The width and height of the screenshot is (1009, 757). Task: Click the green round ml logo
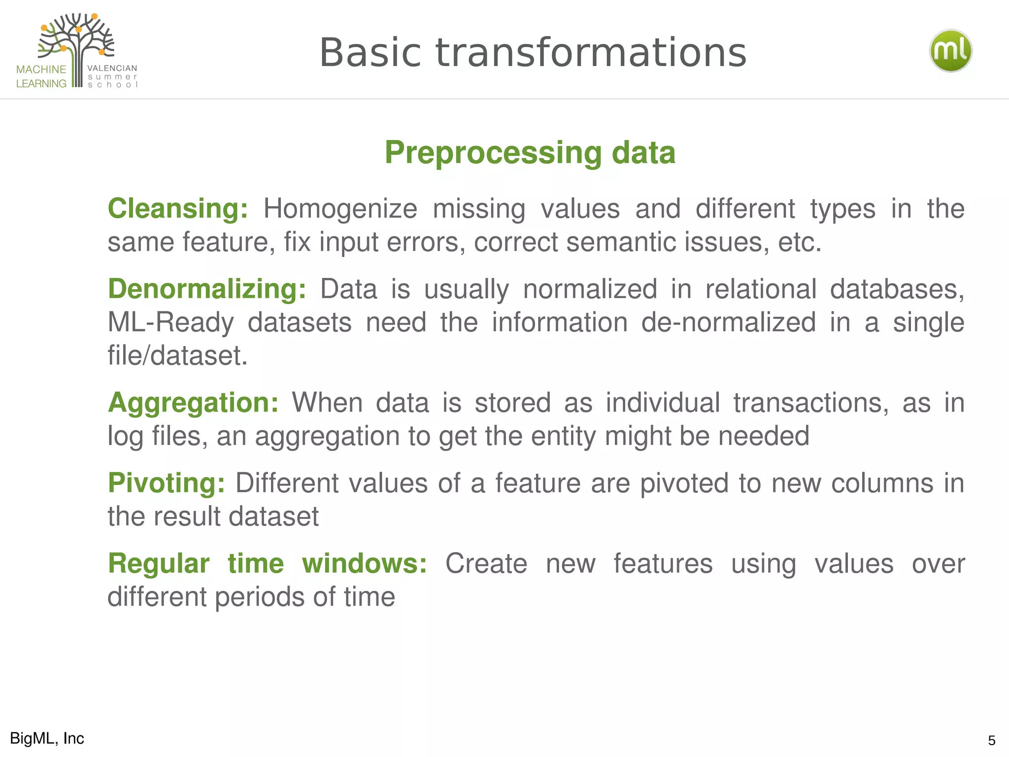(950, 51)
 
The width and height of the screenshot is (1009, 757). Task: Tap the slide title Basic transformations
(533, 53)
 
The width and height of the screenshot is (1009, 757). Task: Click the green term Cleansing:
(178, 208)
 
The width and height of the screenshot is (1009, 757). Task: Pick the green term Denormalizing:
(207, 289)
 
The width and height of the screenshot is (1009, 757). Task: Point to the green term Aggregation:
(193, 403)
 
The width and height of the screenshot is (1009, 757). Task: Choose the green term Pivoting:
(167, 483)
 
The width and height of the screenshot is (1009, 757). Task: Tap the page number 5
(991, 740)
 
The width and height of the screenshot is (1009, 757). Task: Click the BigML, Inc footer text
(47, 738)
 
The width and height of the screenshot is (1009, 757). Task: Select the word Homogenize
(340, 209)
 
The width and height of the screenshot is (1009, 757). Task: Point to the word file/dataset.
(177, 356)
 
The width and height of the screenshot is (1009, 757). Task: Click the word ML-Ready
(170, 323)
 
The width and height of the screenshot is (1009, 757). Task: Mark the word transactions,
(811, 403)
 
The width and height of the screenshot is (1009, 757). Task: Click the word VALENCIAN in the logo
(112, 69)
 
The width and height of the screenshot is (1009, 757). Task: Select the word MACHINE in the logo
(41, 69)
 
